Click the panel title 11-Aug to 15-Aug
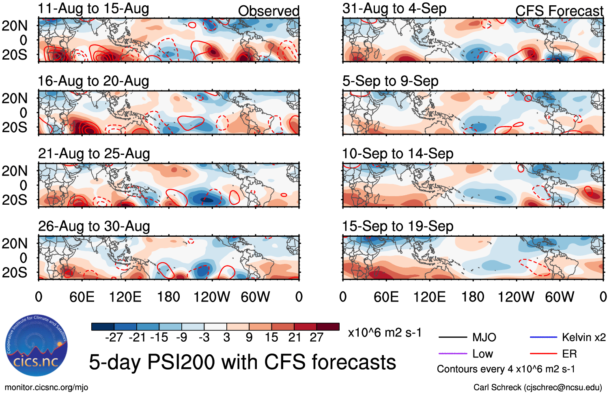(x=93, y=9)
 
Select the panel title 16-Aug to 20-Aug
(x=93, y=81)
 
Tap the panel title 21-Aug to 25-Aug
(x=94, y=154)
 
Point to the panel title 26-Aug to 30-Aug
(x=94, y=226)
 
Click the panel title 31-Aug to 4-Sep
(x=394, y=9)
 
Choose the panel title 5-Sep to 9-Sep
(x=390, y=81)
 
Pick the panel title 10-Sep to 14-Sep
(x=398, y=154)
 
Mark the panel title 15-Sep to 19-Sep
(x=398, y=226)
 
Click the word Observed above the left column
(x=269, y=11)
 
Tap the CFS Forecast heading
(x=559, y=11)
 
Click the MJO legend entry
(x=484, y=337)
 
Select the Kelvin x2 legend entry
(x=583, y=337)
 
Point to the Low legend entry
(x=482, y=354)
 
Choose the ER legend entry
(x=569, y=354)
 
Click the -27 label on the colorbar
(x=114, y=337)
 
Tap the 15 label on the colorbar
(x=271, y=337)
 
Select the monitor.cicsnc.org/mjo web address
(x=46, y=388)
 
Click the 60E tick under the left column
(x=82, y=297)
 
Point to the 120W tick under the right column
(x=516, y=297)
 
